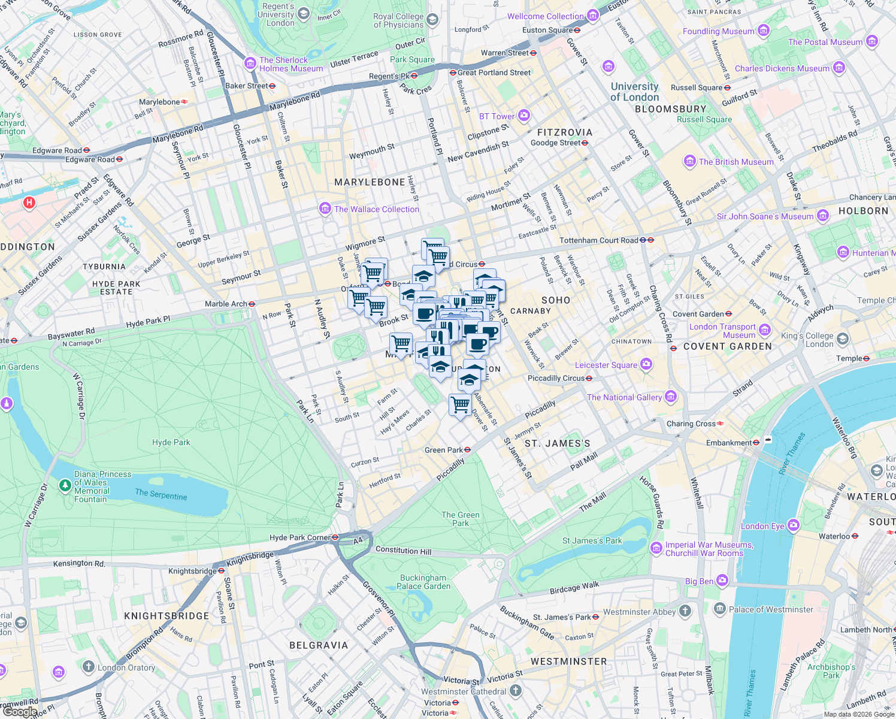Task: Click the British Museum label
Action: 736,162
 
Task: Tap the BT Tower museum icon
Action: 524,116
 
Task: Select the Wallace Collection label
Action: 376,209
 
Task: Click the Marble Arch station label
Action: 226,304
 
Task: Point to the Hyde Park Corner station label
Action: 299,537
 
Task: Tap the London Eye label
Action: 762,526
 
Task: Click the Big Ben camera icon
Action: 722,580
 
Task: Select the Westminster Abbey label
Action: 638,612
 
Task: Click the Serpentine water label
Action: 161,494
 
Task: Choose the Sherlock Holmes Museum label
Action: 291,64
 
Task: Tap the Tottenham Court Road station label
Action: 599,240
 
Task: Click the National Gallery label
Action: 624,397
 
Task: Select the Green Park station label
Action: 443,450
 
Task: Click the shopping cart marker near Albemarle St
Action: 460,405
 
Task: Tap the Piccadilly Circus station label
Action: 556,378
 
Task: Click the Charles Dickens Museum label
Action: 782,68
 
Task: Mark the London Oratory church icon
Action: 88,666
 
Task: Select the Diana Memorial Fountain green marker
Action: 65,485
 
